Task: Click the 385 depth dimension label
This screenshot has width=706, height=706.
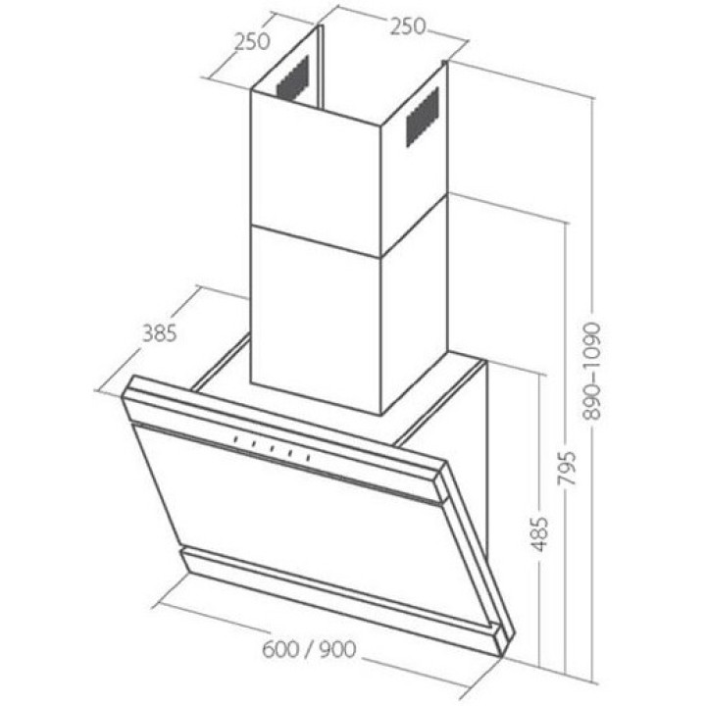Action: click(159, 333)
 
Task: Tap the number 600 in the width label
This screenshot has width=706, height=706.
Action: click(280, 650)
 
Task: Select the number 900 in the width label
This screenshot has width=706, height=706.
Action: click(337, 650)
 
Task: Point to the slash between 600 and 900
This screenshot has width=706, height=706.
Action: click(309, 650)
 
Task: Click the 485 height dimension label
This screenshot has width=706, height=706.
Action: click(540, 534)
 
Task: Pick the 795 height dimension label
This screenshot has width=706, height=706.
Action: click(567, 468)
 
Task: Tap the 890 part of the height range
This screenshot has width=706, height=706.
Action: click(591, 402)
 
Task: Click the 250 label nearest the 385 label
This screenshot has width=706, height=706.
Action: click(252, 41)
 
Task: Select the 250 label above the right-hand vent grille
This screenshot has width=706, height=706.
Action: click(408, 26)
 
